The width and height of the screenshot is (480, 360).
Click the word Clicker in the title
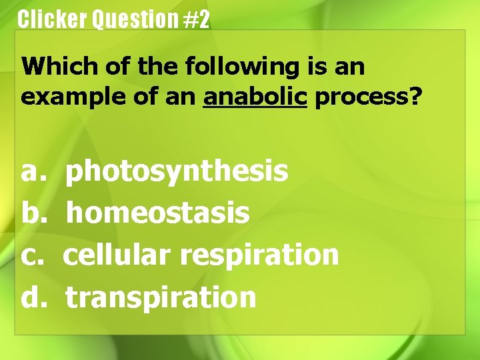52,19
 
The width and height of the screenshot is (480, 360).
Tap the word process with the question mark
361,97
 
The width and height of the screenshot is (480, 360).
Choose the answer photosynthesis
177,172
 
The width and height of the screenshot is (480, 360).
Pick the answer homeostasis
158,213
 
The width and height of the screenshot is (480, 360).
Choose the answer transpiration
161,297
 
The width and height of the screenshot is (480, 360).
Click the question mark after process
415,97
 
